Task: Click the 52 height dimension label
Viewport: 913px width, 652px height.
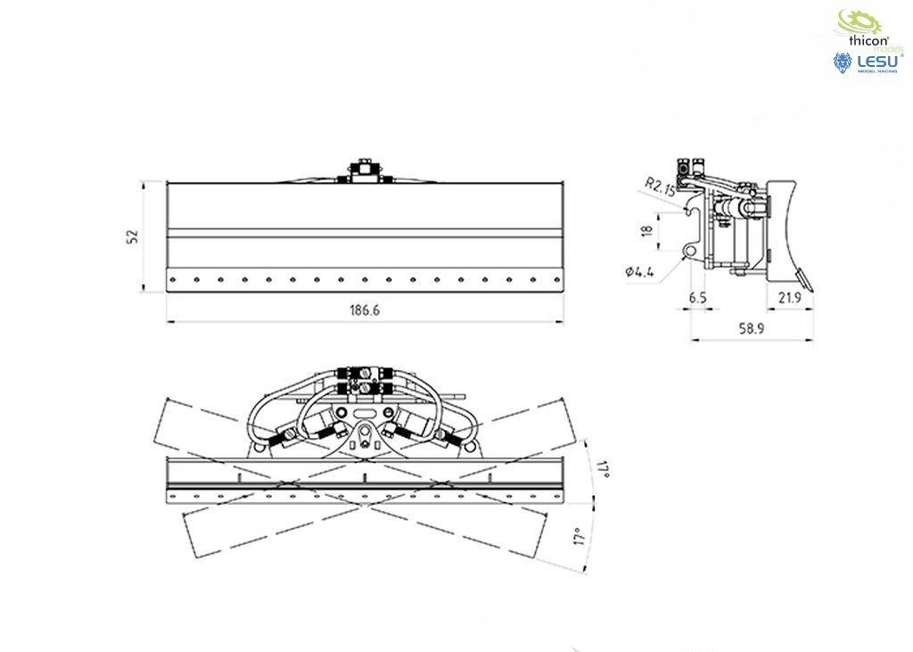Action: click(x=133, y=236)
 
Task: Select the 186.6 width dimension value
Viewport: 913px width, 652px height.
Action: click(x=366, y=309)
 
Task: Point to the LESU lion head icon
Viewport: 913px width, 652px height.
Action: click(x=842, y=62)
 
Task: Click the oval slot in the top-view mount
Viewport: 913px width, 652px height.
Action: click(x=365, y=414)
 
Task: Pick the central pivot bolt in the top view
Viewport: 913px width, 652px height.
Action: click(x=365, y=437)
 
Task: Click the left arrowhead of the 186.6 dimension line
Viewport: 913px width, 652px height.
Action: click(x=170, y=321)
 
